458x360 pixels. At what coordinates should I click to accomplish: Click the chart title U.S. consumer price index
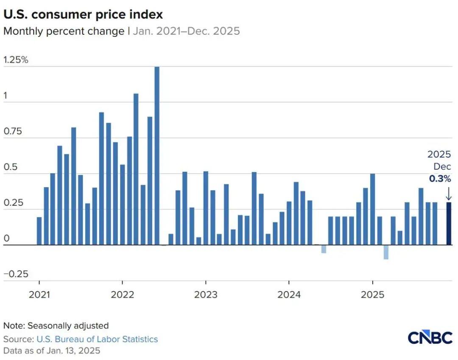coord(83,14)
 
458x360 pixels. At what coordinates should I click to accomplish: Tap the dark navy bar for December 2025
coord(449,224)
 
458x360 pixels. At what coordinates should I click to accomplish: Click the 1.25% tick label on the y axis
coord(16,60)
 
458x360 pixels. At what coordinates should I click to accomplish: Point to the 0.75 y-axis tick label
coord(12,132)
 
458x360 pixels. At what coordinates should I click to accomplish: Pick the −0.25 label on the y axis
coord(16,274)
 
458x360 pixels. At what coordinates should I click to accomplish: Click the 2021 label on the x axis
coord(39,294)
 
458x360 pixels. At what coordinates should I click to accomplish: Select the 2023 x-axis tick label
coord(206,294)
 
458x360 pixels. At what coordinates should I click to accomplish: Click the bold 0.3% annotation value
coord(440,179)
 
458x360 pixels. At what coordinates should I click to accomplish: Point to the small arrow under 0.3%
coord(449,194)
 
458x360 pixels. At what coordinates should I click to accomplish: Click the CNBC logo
coord(430,337)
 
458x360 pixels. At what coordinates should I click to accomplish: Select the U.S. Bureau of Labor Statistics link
coord(97,339)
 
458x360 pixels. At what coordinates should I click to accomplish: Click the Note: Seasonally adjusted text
coord(56,326)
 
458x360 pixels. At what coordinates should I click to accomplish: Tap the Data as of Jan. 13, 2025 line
coord(52,351)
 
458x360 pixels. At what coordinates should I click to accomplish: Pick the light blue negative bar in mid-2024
coord(324,249)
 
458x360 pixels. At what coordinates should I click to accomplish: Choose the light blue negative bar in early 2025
coord(386,252)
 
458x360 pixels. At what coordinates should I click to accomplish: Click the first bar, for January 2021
coord(39,231)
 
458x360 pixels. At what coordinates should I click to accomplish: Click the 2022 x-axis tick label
coord(122,294)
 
